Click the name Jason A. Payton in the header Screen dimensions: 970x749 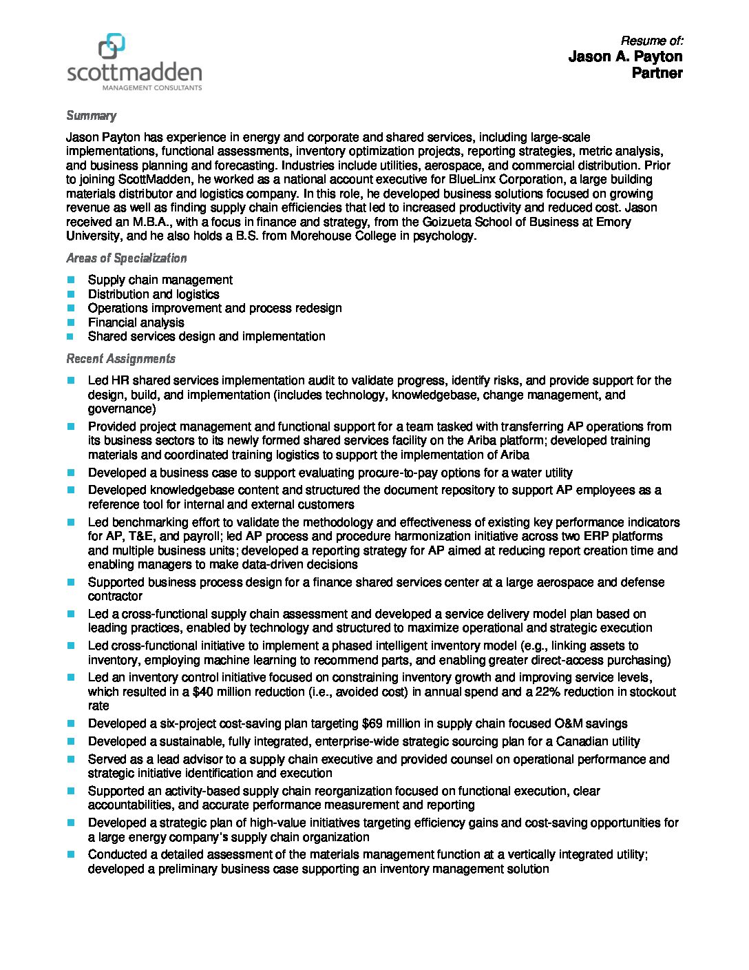pyautogui.click(x=625, y=56)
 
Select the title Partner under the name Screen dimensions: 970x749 pyautogui.click(x=657, y=73)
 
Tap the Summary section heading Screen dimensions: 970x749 pyautogui.click(x=91, y=116)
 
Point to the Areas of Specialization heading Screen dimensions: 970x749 pyautogui.click(x=126, y=258)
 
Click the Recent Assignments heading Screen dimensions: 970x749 pyautogui.click(x=120, y=359)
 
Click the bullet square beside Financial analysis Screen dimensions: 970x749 pyautogui.click(x=70, y=322)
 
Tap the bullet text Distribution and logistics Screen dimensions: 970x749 pyautogui.click(x=154, y=294)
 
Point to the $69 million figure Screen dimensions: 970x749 pyautogui.click(x=388, y=723)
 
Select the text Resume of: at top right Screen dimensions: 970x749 pyautogui.click(x=651, y=41)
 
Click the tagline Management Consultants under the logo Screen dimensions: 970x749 pyautogui.click(x=152, y=88)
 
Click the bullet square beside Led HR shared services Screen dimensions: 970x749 pyautogui.click(x=70, y=380)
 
